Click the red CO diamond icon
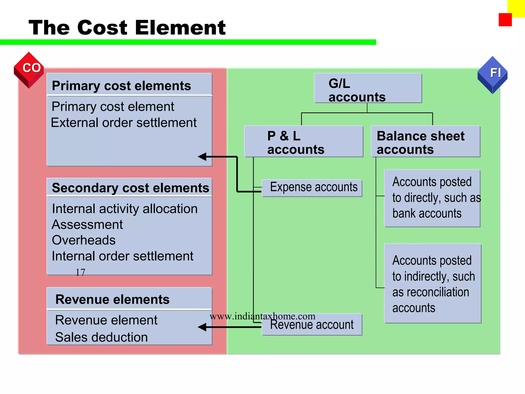coord(29,70)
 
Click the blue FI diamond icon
coord(492,75)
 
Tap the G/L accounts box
coord(368,88)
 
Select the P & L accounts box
coord(304,142)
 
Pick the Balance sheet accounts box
coord(426,142)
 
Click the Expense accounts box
coord(312,188)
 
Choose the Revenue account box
coord(312,325)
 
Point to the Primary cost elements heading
coord(121,85)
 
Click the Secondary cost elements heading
coord(130,188)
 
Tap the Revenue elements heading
coord(112,299)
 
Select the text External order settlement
coord(124,123)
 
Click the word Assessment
coord(87,225)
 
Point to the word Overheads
coord(84,240)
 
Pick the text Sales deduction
coord(102,337)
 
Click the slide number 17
coord(80,272)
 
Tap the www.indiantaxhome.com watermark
coord(262,316)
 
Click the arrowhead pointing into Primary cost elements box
coord(203,156)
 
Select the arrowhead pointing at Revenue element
coord(203,327)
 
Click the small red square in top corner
coord(505,20)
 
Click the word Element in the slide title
coord(183,28)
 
